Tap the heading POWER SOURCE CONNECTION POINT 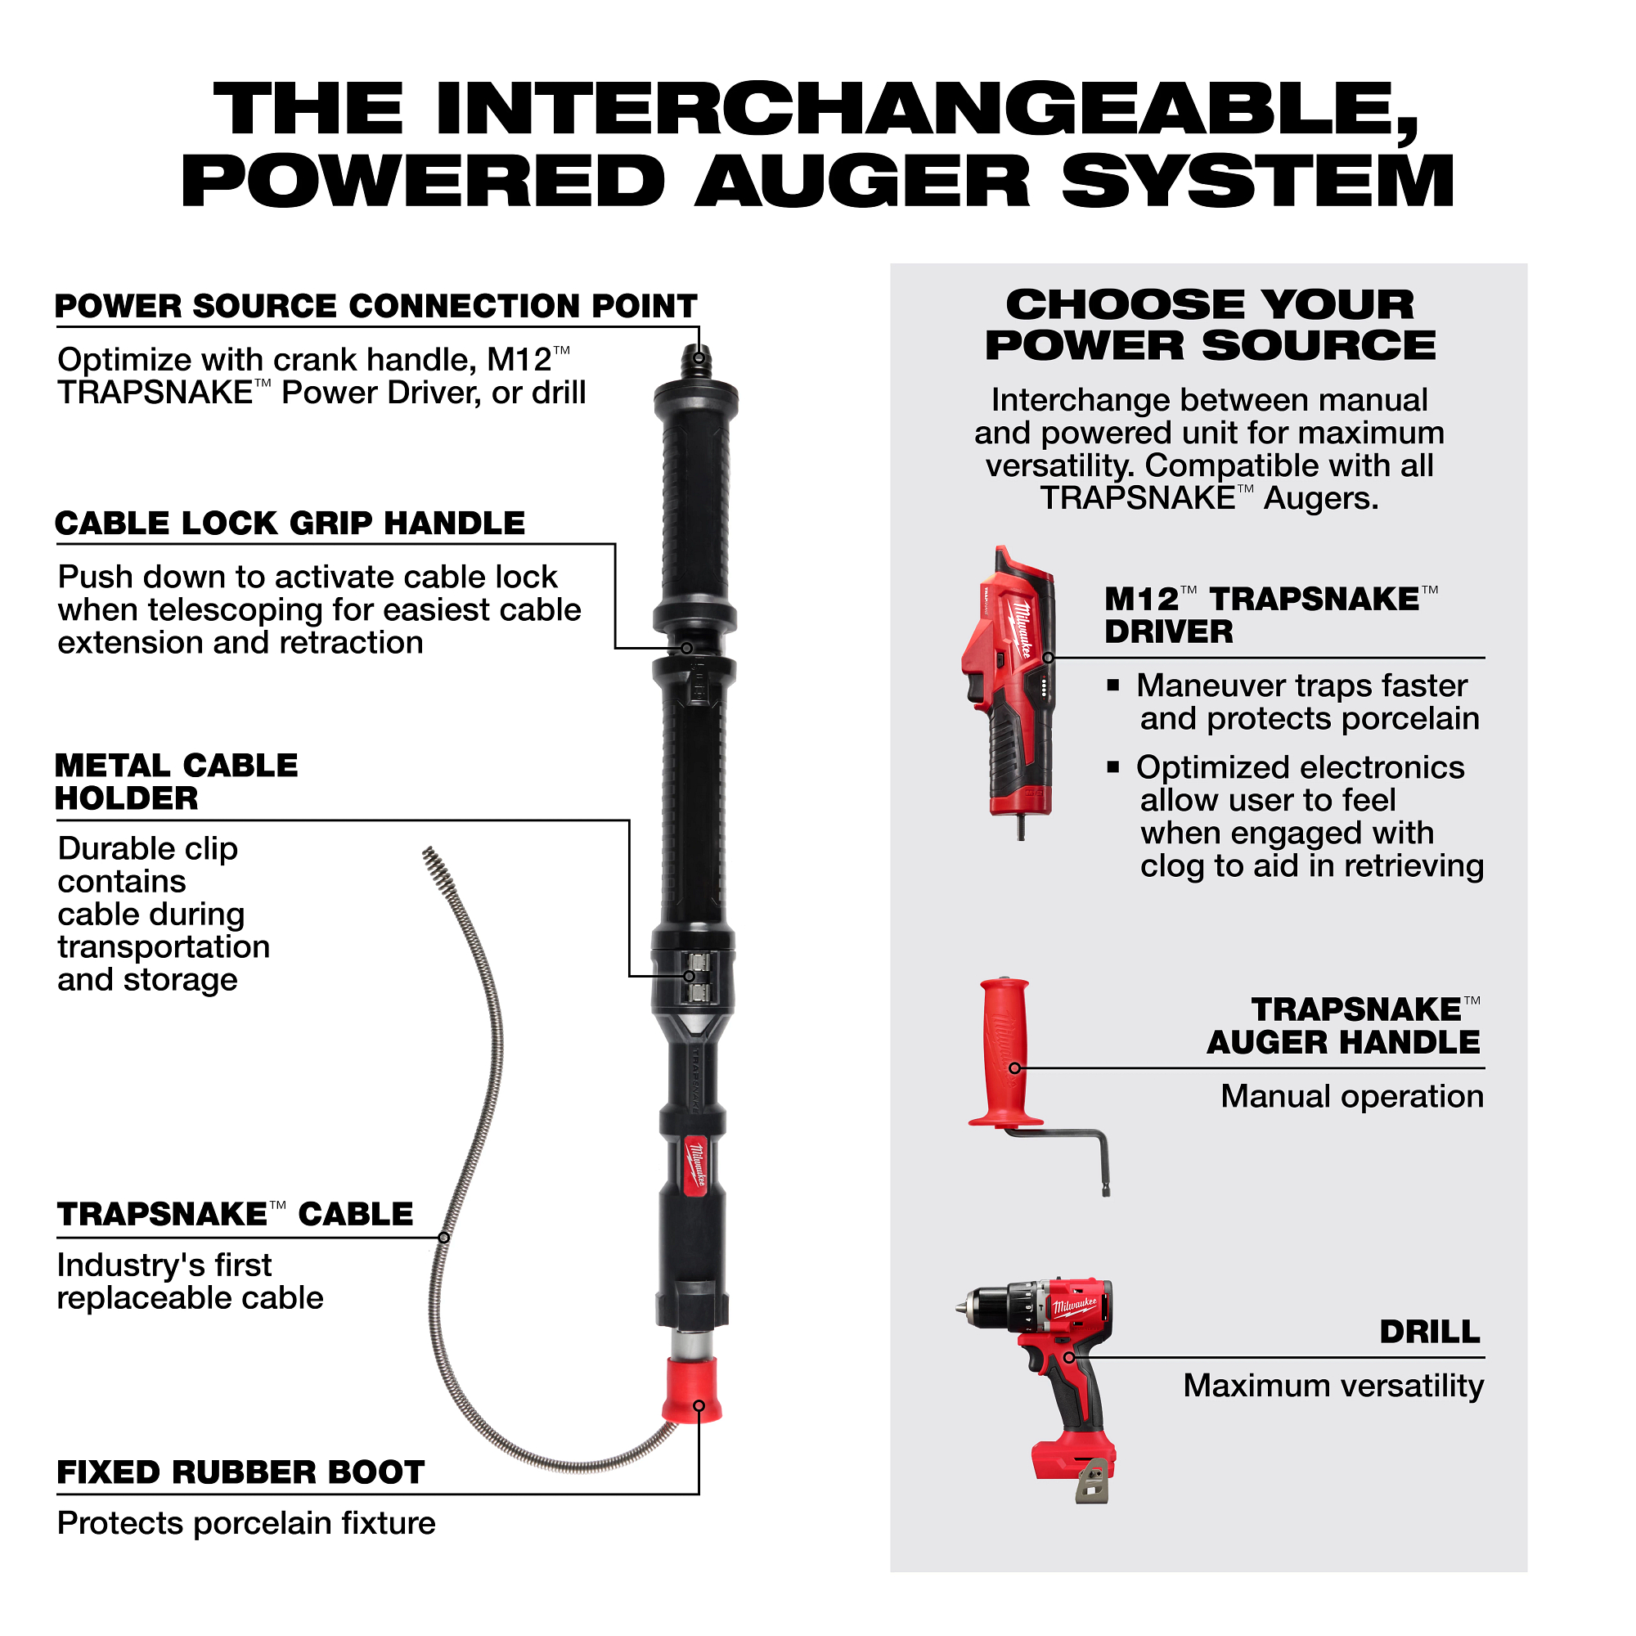[x=376, y=307]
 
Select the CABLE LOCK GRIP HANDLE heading [x=290, y=524]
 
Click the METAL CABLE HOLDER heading [x=176, y=781]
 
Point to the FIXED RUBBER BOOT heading [x=240, y=1472]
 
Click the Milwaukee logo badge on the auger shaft [x=695, y=1165]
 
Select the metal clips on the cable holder [x=699, y=978]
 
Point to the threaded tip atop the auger [x=698, y=361]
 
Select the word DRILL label [x=1429, y=1332]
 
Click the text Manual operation [x=1351, y=1096]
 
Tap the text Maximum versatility [x=1333, y=1386]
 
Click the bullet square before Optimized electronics [x=1113, y=767]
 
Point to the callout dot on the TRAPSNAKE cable [x=443, y=1237]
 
